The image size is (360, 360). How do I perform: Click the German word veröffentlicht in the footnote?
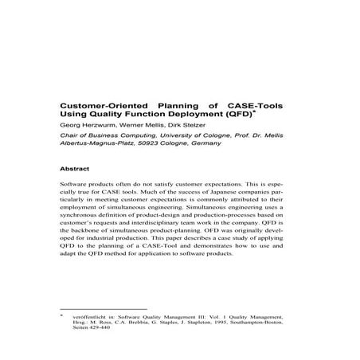pyautogui.click(x=90, y=316)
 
